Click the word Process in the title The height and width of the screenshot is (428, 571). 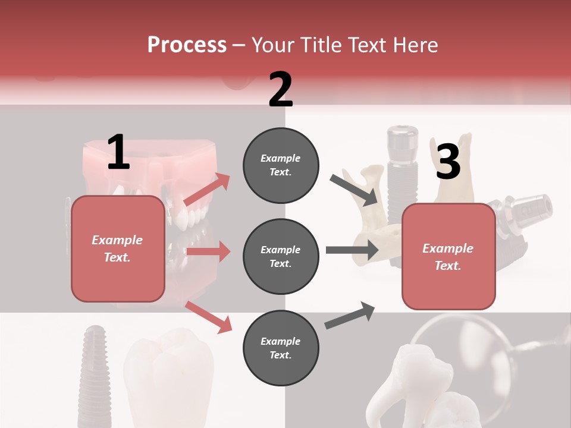tap(187, 45)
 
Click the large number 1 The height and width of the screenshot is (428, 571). tap(118, 152)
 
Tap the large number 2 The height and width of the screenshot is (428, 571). tap(281, 89)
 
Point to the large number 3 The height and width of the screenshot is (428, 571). tap(448, 162)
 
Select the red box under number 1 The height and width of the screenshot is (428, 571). tap(118, 248)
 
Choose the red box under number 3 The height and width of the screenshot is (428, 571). tap(448, 257)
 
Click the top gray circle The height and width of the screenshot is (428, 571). tap(281, 165)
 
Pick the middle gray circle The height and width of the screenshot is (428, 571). tap(281, 256)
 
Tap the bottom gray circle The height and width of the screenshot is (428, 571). tap(281, 348)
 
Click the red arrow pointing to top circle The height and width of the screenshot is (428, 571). tap(207, 190)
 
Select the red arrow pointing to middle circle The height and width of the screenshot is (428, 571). tap(208, 251)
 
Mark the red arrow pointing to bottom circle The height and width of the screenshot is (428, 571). tap(208, 316)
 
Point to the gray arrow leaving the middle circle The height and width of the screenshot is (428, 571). tap(352, 250)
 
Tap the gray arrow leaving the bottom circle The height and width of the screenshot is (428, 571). tap(350, 316)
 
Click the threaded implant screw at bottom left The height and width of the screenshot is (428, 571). tap(95, 369)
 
